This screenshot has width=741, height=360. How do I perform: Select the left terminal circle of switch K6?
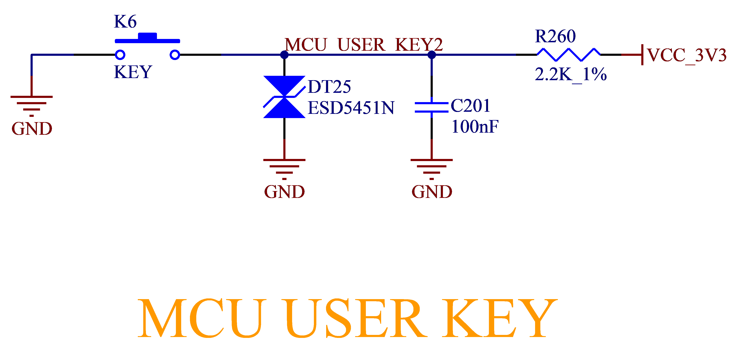[x=120, y=55]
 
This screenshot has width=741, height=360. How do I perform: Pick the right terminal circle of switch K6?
[x=175, y=55]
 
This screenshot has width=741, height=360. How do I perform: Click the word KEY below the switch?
[x=133, y=72]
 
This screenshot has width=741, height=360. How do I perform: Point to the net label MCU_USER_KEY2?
[x=364, y=45]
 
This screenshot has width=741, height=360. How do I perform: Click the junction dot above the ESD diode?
[x=284, y=55]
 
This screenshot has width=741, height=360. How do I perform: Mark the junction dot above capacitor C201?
[x=432, y=55]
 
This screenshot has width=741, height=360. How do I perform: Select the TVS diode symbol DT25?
[x=284, y=97]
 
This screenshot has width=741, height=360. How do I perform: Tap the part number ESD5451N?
[x=351, y=108]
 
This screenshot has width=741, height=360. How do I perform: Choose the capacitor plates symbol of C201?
[x=432, y=107]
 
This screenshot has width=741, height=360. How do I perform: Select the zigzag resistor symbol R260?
[x=568, y=55]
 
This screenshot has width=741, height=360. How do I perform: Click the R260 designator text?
[x=555, y=36]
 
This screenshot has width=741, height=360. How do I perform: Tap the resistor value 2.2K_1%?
[x=571, y=74]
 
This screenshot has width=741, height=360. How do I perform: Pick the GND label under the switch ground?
[x=32, y=129]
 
